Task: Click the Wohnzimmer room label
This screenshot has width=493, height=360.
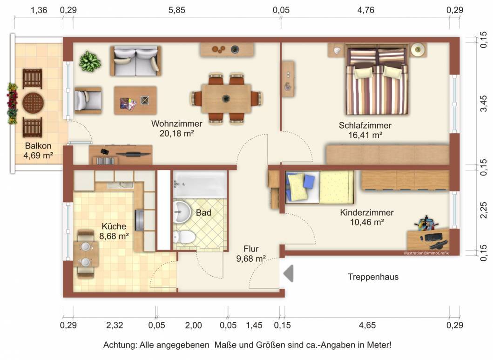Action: click(x=176, y=123)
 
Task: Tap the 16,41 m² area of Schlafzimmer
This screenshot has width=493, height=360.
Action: click(x=365, y=135)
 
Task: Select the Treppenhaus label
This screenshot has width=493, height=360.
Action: click(x=373, y=277)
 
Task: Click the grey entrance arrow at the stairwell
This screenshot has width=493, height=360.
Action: click(x=288, y=273)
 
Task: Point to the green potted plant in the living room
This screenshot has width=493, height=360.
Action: click(x=90, y=61)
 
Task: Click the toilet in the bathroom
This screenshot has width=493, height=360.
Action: click(x=183, y=237)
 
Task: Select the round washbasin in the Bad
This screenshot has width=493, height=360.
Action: click(x=182, y=212)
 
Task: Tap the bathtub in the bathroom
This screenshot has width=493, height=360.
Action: click(x=200, y=184)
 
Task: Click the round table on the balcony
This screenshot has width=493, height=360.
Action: click(x=33, y=102)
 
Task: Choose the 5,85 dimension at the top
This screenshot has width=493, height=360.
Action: click(x=177, y=10)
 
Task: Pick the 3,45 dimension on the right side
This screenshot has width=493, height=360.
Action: click(x=484, y=103)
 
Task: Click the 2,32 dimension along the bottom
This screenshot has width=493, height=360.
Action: click(x=115, y=325)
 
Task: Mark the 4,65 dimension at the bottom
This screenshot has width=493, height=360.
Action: click(x=367, y=325)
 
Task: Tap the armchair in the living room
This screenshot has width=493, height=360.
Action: click(x=88, y=100)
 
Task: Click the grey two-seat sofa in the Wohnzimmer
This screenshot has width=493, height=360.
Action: click(x=135, y=61)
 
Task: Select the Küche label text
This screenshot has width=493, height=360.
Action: click(x=114, y=226)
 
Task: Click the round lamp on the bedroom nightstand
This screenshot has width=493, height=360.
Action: click(x=418, y=50)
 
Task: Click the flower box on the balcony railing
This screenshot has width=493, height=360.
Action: click(x=12, y=104)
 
